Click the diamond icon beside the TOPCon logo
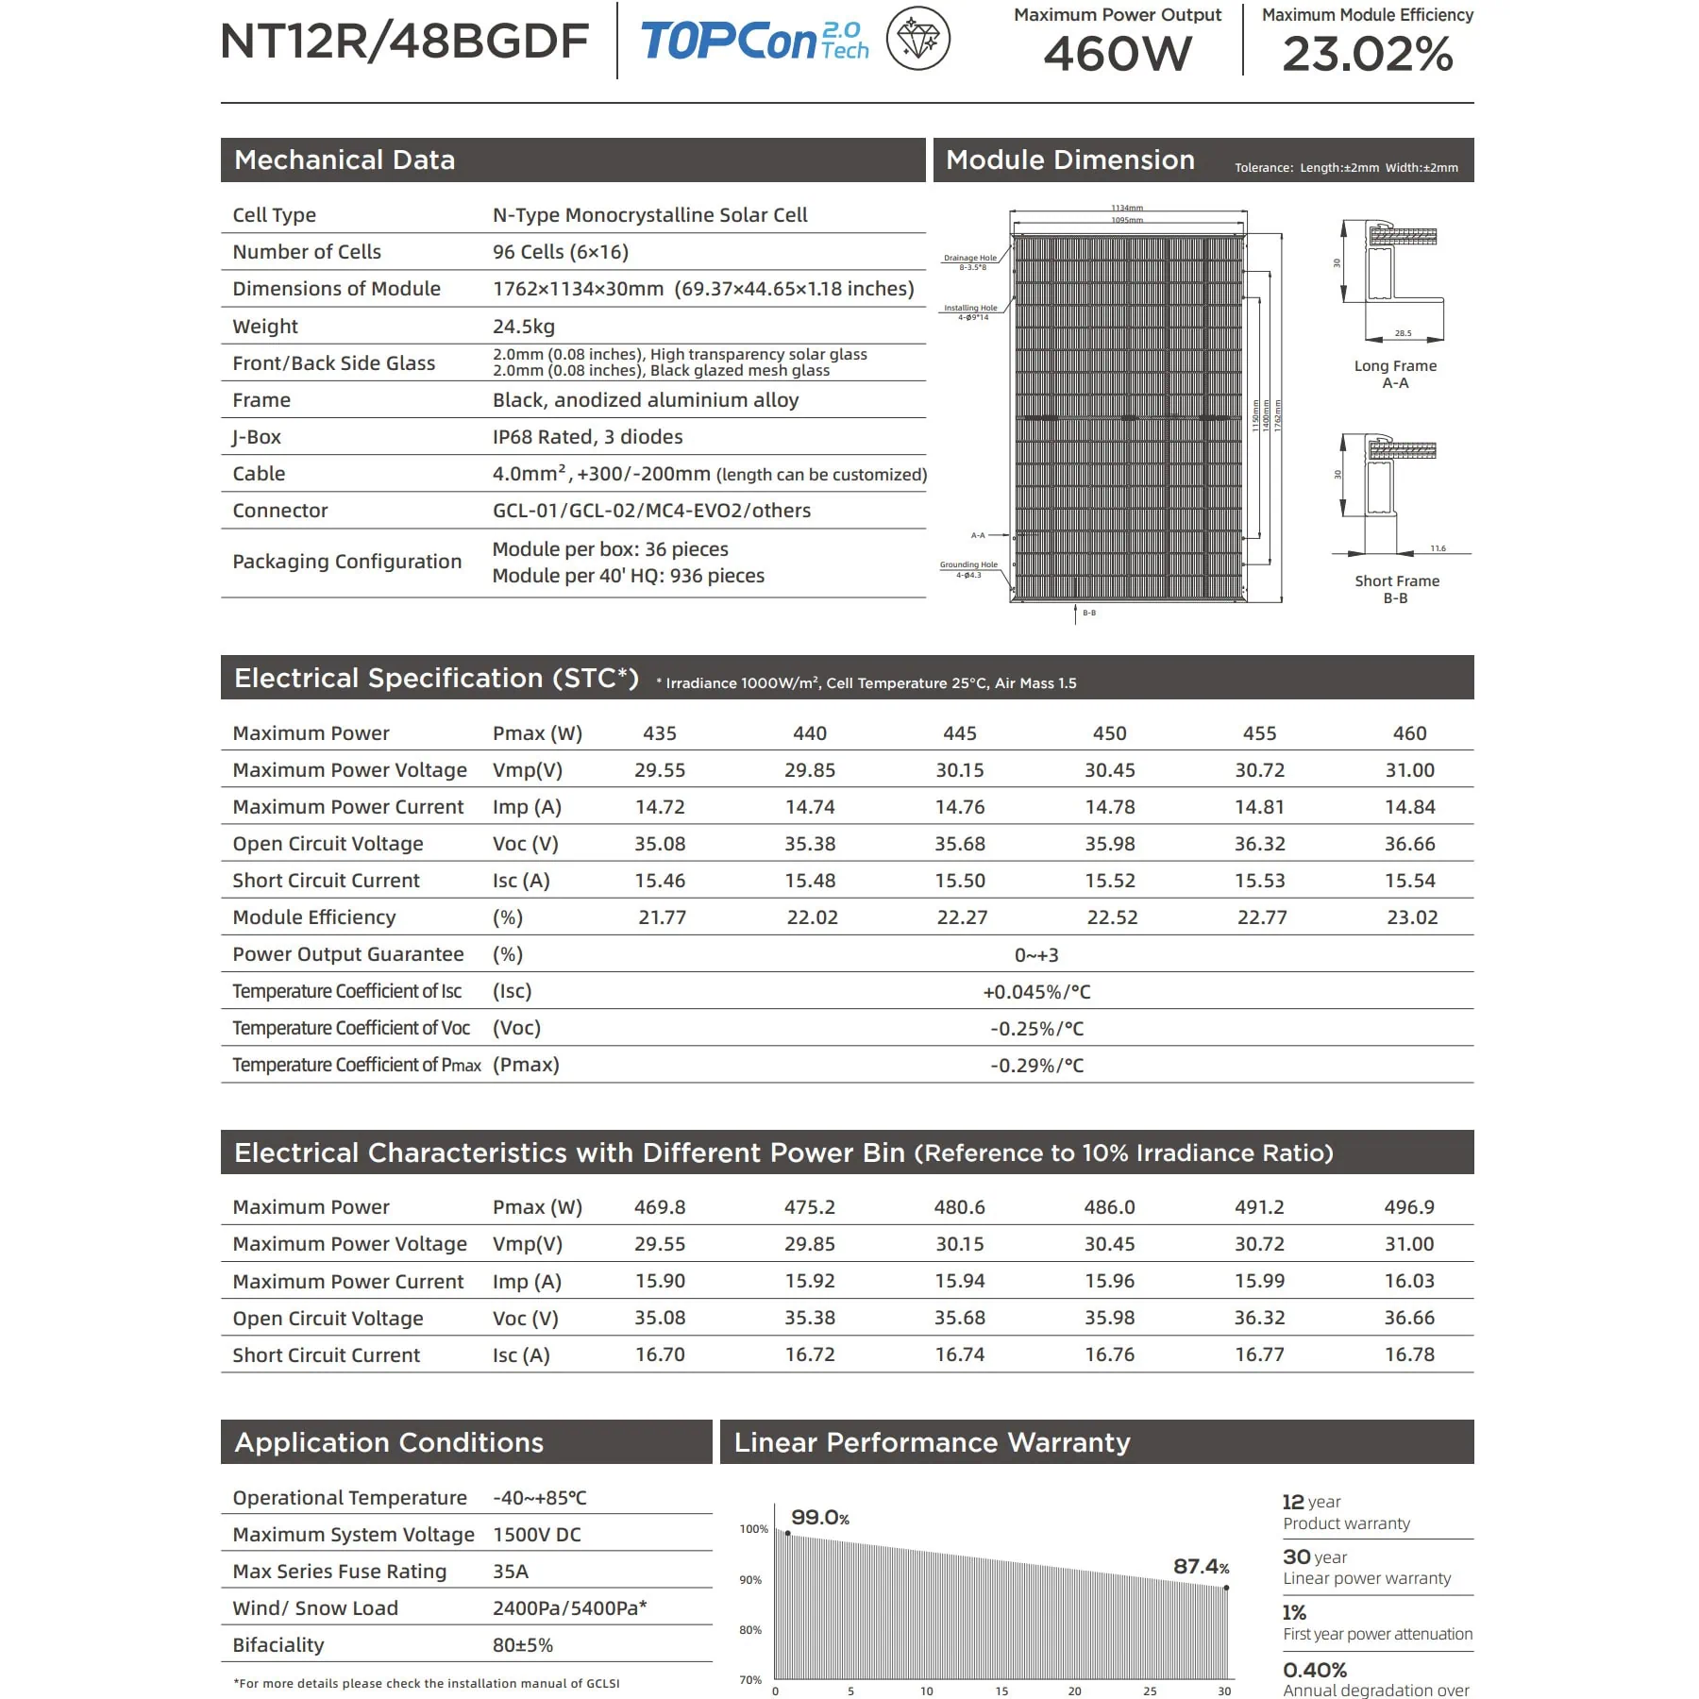(917, 40)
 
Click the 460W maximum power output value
(1118, 54)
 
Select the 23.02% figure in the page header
(1367, 54)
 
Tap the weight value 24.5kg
(523, 327)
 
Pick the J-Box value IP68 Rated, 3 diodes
(587, 437)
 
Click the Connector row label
(280, 511)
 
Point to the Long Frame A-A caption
(1395, 374)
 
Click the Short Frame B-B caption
(1396, 589)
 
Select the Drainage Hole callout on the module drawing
(970, 261)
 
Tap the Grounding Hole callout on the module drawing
(968, 569)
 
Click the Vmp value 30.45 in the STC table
(1109, 770)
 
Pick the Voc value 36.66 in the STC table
(1409, 844)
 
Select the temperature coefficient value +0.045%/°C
(1036, 992)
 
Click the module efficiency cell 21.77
(662, 917)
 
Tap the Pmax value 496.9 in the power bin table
(1409, 1207)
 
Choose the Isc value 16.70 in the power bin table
(660, 1354)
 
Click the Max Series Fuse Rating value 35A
(511, 1572)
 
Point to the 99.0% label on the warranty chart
(819, 1517)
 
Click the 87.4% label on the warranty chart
(1201, 1566)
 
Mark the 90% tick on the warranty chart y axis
(750, 1579)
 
